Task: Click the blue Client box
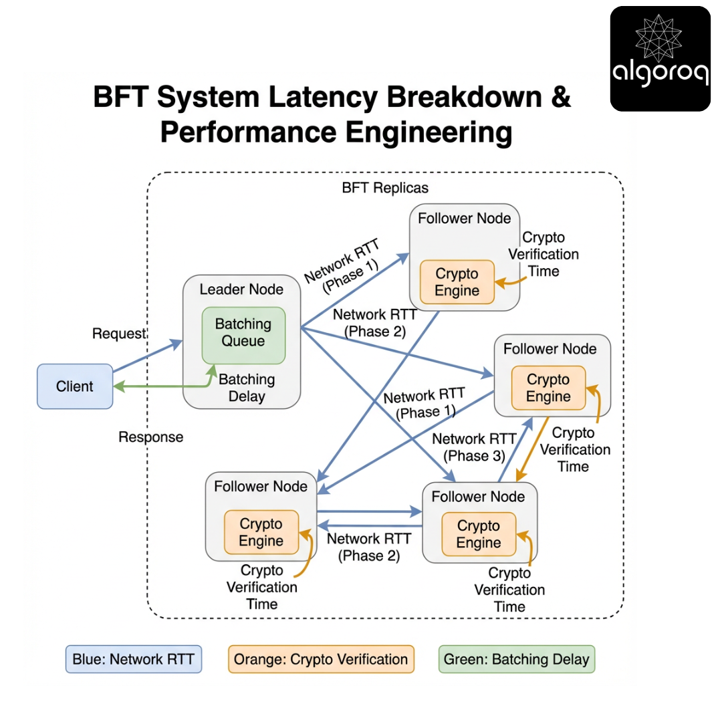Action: tap(75, 386)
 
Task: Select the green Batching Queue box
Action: tap(243, 333)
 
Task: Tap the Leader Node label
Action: tap(241, 289)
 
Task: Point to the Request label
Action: tap(119, 334)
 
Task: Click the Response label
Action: tap(150, 437)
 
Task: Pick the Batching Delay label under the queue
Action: tap(247, 388)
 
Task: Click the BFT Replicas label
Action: tap(385, 188)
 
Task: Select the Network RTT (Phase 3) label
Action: tap(474, 447)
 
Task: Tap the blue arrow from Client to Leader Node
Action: tap(147, 356)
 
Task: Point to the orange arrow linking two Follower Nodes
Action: tap(533, 448)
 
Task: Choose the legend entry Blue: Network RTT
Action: tap(134, 659)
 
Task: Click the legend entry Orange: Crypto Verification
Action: tap(321, 659)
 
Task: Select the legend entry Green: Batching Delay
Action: tap(517, 659)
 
